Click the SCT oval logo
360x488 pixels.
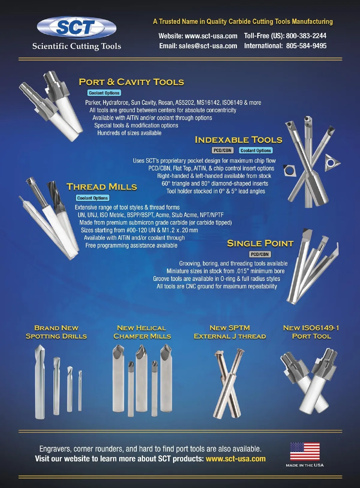coord(76,27)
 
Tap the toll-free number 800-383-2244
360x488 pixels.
coord(306,36)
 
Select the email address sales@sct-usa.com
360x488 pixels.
coord(208,46)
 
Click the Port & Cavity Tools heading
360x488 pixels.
coord(131,82)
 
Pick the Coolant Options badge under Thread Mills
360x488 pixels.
coord(93,198)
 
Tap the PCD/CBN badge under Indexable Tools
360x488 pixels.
coord(223,150)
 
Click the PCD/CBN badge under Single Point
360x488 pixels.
coord(260,254)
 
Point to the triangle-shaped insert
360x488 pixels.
coord(331,162)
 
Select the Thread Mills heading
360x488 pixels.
coord(102,187)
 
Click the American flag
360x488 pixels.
coord(305,451)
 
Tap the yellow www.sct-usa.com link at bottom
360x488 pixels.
coord(236,459)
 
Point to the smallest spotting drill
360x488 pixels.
coord(80,390)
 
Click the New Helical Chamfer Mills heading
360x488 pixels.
coord(142,332)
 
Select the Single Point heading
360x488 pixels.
coord(260,243)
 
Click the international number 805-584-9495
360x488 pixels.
coord(306,46)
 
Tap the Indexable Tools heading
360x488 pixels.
coord(238,140)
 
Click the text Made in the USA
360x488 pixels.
coord(305,465)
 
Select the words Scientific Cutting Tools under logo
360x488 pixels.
coord(76,46)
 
